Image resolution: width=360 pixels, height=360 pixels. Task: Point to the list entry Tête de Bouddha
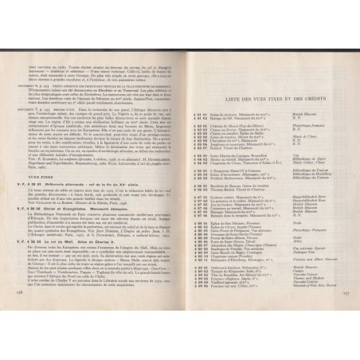pos(232,284)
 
